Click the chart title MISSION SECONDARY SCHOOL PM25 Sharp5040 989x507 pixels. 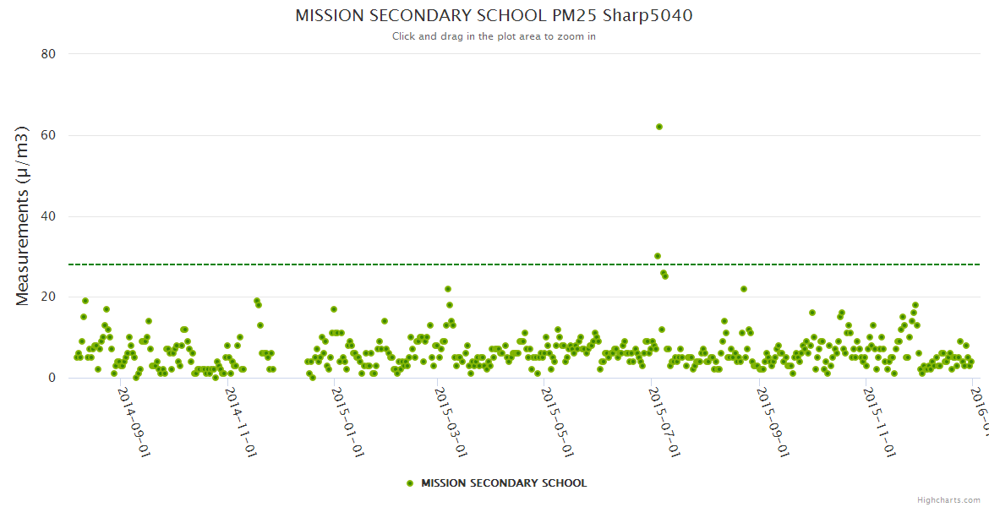494,16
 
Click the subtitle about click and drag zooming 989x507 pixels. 494,36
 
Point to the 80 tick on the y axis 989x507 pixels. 48,54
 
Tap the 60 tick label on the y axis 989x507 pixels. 48,135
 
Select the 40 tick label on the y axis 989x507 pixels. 48,216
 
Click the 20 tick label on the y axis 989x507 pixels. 48,297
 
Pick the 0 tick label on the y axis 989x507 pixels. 52,378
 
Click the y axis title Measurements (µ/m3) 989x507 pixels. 24,215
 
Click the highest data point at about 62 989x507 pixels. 659,127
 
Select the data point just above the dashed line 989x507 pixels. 658,256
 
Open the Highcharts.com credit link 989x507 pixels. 948,500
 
